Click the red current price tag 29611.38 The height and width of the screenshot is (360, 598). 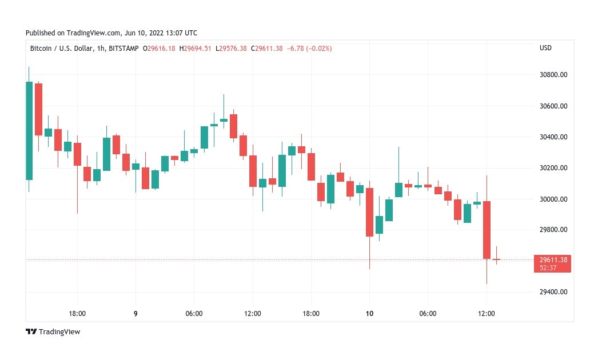click(553, 260)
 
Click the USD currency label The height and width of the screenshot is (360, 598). click(545, 48)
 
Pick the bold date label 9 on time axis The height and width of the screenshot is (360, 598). click(135, 313)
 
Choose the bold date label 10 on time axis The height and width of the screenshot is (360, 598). click(369, 313)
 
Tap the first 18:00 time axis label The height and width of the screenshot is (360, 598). click(77, 313)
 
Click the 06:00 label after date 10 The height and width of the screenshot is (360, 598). click(428, 313)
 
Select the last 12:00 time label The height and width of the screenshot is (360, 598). click(487, 313)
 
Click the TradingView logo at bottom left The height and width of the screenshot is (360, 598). click(53, 332)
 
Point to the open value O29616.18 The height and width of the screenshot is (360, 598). click(159, 49)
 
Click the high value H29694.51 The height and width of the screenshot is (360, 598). click(195, 49)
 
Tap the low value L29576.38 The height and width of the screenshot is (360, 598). click(232, 49)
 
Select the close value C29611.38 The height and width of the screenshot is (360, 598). click(266, 49)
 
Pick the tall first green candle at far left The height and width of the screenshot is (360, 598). click(29, 130)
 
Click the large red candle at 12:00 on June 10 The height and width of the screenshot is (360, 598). click(487, 230)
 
